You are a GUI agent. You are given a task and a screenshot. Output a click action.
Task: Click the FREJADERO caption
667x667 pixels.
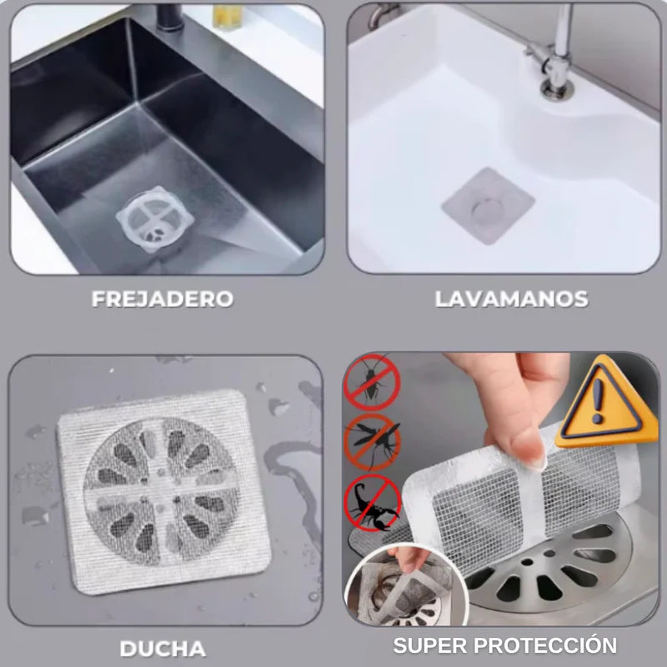163,299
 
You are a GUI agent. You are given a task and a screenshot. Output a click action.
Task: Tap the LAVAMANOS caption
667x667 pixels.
511,299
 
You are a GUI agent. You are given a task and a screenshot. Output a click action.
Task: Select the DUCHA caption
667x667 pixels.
163,648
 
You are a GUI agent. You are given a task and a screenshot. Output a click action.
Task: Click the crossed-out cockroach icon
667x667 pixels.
372,382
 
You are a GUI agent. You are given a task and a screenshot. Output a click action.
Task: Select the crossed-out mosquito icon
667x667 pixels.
373,442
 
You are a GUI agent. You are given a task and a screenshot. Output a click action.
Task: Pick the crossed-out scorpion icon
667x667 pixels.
373,503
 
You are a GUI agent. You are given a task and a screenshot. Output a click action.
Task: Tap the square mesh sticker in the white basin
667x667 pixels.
487,205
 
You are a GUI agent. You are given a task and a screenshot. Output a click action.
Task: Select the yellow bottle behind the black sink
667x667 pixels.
223,15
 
